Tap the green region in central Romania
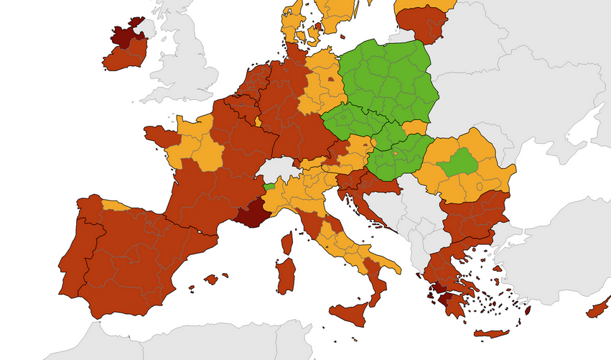(457, 163)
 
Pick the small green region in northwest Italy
(269, 186)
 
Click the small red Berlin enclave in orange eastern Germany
(330, 80)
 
